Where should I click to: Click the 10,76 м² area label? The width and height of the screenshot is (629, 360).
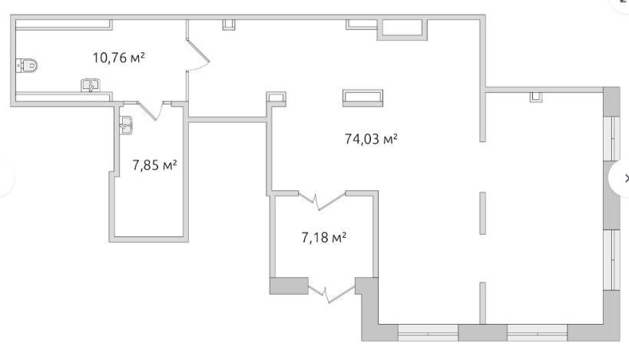pyautogui.click(x=119, y=58)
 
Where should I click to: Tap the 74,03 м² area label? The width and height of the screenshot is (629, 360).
pyautogui.click(x=371, y=139)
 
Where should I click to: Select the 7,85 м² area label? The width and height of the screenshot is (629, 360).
pyautogui.click(x=155, y=165)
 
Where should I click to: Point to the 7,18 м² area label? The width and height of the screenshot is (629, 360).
pyautogui.click(x=324, y=237)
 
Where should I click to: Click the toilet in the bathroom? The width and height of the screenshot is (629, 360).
pyautogui.click(x=27, y=65)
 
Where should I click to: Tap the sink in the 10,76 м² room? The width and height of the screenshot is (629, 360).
pyautogui.click(x=91, y=85)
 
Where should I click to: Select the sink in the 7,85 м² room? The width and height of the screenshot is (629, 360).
pyautogui.click(x=126, y=125)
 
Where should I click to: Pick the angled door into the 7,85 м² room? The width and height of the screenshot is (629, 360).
pyautogui.click(x=147, y=112)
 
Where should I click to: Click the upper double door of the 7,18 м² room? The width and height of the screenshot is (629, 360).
pyautogui.click(x=321, y=201)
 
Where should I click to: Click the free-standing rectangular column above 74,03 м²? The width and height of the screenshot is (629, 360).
pyautogui.click(x=363, y=97)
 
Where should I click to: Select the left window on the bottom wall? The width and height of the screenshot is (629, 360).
pyautogui.click(x=428, y=332)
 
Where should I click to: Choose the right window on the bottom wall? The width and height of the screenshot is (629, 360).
pyautogui.click(x=537, y=332)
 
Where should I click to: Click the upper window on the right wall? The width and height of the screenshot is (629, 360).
pyautogui.click(x=612, y=139)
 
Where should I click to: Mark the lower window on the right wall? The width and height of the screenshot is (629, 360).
pyautogui.click(x=612, y=259)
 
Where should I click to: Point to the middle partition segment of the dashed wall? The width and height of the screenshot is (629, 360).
pyautogui.click(x=482, y=213)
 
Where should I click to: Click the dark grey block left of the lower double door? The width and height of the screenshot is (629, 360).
pyautogui.click(x=289, y=286)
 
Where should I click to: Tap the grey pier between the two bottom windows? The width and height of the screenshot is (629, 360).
pyautogui.click(x=482, y=332)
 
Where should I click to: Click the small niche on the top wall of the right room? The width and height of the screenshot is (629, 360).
pyautogui.click(x=536, y=97)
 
